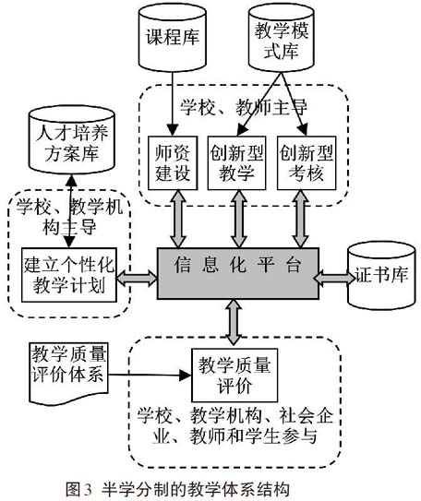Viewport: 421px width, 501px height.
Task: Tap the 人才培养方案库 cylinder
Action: pos(72,140)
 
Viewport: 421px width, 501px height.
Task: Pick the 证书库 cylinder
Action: pos(381,276)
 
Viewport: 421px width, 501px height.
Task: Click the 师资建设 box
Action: pos(173,163)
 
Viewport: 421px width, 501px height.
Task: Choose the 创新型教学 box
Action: pos(236,163)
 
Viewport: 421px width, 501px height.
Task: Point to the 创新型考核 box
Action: pos(307,163)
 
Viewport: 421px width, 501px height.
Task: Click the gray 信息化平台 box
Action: pos(238,273)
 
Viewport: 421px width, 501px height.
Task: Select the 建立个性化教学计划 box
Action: pos(69,275)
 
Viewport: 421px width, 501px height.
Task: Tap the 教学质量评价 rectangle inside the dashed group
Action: pos(235,376)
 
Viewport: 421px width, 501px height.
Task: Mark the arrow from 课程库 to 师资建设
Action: pos(173,103)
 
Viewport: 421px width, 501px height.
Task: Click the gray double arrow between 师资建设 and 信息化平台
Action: pos(178,219)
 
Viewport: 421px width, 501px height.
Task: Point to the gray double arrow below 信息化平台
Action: pos(234,322)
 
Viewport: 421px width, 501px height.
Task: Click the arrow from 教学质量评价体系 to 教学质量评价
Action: pos(150,375)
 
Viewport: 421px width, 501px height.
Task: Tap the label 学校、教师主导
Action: pos(244,107)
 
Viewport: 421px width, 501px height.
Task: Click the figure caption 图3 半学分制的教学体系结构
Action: pos(178,490)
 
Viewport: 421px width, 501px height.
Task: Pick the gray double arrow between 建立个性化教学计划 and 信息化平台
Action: pos(137,278)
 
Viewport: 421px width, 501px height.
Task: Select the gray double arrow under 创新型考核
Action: pos(300,219)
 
